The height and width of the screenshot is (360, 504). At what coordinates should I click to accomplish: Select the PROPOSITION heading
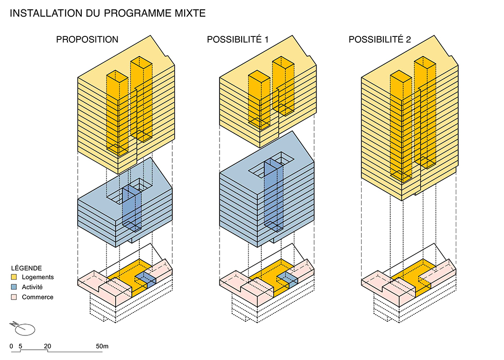(x=87, y=39)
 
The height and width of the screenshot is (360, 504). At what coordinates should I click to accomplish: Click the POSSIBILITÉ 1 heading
(x=237, y=39)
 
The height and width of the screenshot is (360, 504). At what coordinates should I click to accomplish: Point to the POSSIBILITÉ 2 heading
(x=379, y=39)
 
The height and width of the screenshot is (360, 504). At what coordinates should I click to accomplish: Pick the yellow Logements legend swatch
(x=14, y=277)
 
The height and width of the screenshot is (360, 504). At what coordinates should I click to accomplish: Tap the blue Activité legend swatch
(x=14, y=287)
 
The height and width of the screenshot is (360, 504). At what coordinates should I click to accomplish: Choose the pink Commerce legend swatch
(x=14, y=297)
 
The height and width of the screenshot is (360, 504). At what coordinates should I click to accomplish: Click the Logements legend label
(x=38, y=277)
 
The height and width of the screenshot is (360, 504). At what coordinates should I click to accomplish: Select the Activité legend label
(x=32, y=287)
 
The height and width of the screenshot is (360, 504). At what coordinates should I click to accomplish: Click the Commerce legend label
(x=37, y=297)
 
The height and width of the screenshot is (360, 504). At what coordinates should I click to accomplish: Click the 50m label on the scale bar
(x=102, y=346)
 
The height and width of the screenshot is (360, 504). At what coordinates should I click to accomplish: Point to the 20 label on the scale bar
(x=48, y=346)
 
